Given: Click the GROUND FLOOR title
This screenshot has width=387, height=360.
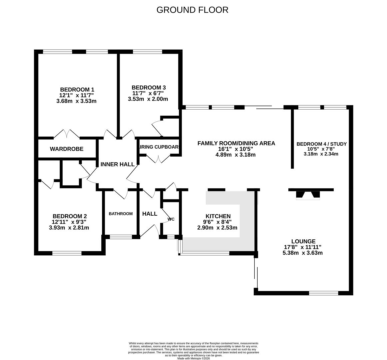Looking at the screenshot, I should pyautogui.click(x=192, y=10).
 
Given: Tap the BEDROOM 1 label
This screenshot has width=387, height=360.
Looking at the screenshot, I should pyautogui.click(x=77, y=89).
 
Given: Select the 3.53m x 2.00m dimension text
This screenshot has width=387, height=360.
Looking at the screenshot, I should pyautogui.click(x=148, y=99).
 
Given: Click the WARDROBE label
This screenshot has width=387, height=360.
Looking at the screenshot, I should pyautogui.click(x=67, y=149).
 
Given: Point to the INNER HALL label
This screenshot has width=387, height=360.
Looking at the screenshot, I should pyautogui.click(x=117, y=164).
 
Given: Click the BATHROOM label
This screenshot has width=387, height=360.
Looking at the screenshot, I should pyautogui.click(x=121, y=214).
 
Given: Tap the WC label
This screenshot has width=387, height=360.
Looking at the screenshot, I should pyautogui.click(x=171, y=219).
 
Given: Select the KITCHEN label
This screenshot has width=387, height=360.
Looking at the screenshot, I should pyautogui.click(x=218, y=216).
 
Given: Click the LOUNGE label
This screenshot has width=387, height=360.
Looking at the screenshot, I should pyautogui.click(x=303, y=241).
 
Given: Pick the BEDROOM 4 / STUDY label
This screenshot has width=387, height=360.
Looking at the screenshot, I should pyautogui.click(x=321, y=144).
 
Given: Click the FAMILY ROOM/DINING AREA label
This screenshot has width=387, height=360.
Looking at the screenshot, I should pyautogui.click(x=236, y=143).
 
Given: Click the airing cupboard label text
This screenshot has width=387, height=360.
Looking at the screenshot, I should pyautogui.click(x=159, y=147).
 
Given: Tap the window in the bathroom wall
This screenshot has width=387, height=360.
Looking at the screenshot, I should pyautogui.click(x=121, y=237).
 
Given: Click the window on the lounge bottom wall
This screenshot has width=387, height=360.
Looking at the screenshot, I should pyautogui.click(x=323, y=293).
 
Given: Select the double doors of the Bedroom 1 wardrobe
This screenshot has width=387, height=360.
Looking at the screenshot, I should pyautogui.click(x=67, y=134).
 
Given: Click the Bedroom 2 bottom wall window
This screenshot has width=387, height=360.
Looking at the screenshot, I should pyautogui.click(x=67, y=253).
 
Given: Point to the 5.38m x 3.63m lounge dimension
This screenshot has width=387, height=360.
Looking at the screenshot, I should pyautogui.click(x=302, y=253).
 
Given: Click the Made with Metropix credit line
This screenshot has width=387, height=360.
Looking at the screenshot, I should pyautogui.click(x=194, y=358).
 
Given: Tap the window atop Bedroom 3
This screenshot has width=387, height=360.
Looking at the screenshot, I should pyautogui.click(x=147, y=52).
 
